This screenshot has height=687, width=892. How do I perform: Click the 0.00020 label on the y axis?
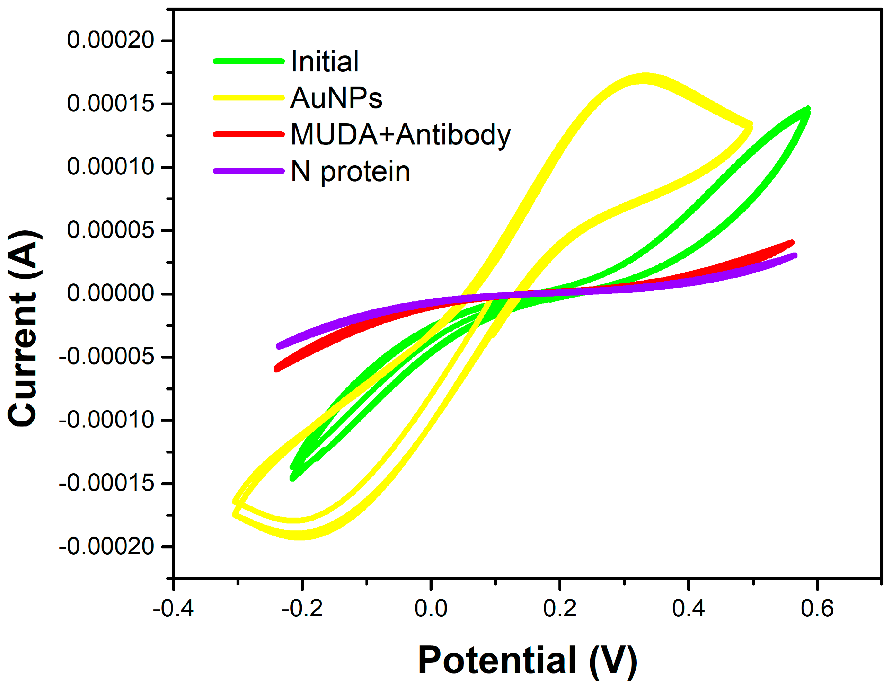(110, 40)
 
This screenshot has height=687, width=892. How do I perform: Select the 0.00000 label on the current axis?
(110, 293)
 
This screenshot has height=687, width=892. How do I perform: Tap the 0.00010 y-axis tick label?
(110, 167)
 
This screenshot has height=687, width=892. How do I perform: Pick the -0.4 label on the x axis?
(173, 609)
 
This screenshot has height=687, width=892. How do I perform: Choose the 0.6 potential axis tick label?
(817, 609)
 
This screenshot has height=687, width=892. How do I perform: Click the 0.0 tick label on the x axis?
(431, 609)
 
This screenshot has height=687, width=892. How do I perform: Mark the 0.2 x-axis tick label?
(559, 609)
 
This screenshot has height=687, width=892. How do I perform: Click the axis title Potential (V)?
(527, 661)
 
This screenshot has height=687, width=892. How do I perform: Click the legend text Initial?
(325, 62)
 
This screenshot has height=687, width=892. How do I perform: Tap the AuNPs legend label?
(336, 98)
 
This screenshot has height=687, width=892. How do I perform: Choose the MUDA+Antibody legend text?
(400, 134)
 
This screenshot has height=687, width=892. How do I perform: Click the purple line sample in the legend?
(248, 171)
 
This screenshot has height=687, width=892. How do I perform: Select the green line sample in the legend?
(248, 61)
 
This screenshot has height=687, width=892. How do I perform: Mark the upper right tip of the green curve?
(807, 109)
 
